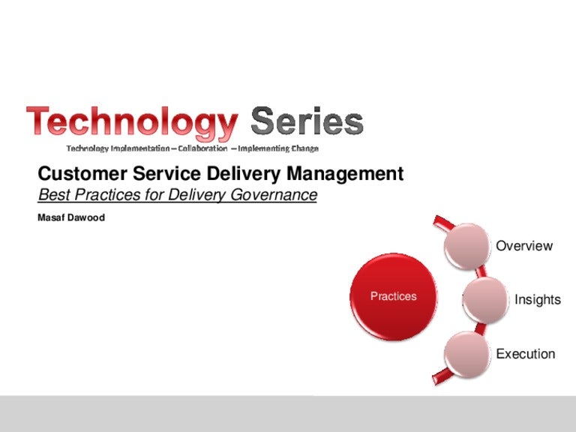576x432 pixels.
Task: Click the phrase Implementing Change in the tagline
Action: pyautogui.click(x=278, y=148)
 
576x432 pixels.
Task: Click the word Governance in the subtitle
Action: pyautogui.click(x=275, y=196)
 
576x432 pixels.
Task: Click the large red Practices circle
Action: pyautogui.click(x=393, y=296)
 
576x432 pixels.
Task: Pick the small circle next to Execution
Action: pyautogui.click(x=469, y=353)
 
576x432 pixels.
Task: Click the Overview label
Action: pyautogui.click(x=524, y=246)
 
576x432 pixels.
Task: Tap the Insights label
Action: pyautogui.click(x=537, y=300)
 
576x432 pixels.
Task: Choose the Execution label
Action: pyautogui.click(x=526, y=354)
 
